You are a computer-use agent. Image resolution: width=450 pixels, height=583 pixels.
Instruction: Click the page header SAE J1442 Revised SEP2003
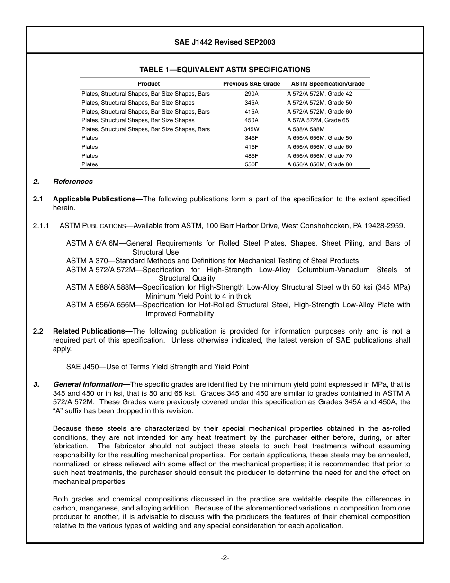point(225,42)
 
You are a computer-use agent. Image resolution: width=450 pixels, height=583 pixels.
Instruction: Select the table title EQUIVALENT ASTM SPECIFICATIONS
point(225,70)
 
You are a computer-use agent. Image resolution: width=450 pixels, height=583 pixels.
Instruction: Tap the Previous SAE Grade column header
point(252,84)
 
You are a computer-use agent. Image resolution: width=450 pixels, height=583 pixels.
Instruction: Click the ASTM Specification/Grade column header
point(328,84)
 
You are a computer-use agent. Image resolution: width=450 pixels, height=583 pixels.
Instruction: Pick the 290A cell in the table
point(252,94)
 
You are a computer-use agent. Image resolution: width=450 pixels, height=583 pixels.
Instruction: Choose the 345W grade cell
point(252,129)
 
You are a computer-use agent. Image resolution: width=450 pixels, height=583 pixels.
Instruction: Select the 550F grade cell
point(252,164)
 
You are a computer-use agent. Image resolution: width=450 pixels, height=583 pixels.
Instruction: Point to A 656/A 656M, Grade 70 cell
point(320,156)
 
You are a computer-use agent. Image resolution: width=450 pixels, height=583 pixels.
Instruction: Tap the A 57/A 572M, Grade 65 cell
point(318,120)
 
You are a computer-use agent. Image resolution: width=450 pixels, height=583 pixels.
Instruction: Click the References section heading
point(73,182)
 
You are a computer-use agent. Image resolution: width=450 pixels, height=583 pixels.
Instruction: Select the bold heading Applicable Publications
point(97,199)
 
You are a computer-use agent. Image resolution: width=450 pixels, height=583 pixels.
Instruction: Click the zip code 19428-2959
point(385,226)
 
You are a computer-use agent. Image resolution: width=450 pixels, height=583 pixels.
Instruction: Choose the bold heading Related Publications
point(92,331)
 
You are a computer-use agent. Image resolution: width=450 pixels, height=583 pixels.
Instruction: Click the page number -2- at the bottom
point(225,558)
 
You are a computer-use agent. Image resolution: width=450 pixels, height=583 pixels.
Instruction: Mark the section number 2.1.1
point(41,226)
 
